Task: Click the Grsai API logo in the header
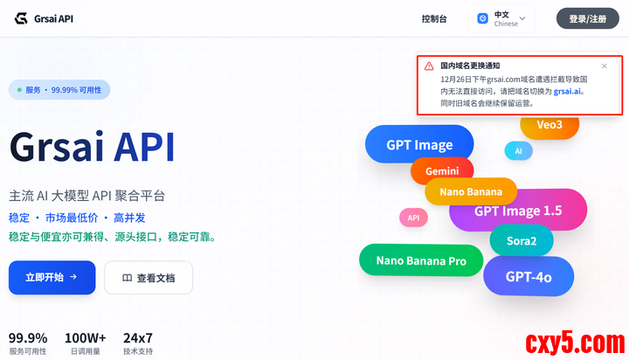[44, 18]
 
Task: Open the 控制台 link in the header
[433, 18]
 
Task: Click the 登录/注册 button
[587, 18]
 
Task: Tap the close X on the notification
[605, 66]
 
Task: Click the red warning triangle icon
[429, 66]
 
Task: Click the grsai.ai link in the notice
[568, 90]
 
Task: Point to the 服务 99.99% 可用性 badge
[59, 90]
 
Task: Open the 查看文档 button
[149, 278]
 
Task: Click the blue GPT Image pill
[419, 145]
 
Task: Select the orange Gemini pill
[441, 170]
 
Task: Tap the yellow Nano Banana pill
[471, 192]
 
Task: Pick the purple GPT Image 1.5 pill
[518, 211]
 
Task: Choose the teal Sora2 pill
[522, 240]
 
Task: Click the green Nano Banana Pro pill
[420, 260]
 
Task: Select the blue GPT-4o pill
[529, 277]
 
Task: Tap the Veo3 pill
[550, 125]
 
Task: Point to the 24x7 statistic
[137, 343]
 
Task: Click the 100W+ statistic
[86, 343]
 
